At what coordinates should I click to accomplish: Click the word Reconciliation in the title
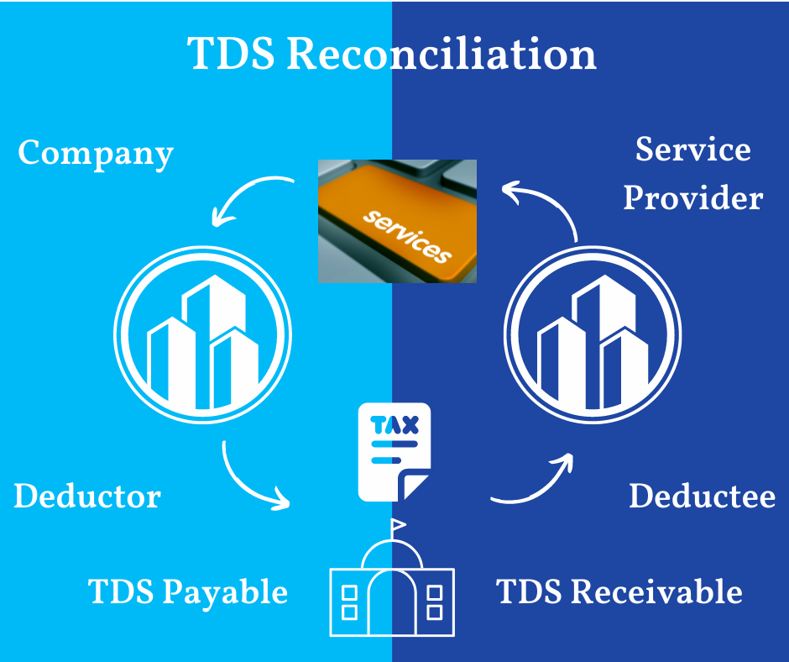point(442,54)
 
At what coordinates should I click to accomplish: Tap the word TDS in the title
point(231,53)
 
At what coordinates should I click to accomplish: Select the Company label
point(96,154)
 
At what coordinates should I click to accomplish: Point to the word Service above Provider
point(692,150)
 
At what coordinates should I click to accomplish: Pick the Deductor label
point(87,496)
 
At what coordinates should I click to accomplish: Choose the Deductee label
point(702,496)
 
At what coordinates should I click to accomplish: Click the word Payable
point(225,592)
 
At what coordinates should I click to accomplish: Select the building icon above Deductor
point(203,335)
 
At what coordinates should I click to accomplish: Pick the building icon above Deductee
point(593,335)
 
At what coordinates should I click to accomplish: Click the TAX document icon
point(394,452)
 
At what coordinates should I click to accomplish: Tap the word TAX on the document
point(394,425)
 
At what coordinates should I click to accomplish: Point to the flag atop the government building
point(399,525)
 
